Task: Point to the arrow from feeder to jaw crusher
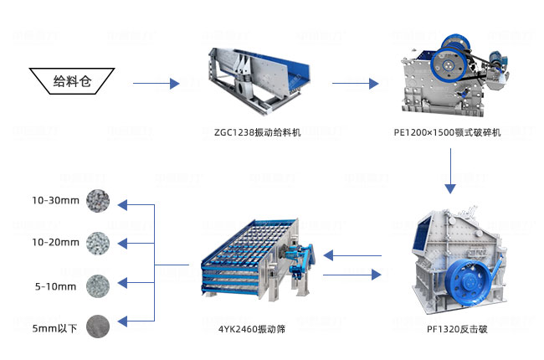356,83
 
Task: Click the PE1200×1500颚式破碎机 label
447,132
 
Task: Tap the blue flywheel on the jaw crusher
444,59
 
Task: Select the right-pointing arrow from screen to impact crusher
352,275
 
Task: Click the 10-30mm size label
55,201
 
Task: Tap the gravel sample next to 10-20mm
97,243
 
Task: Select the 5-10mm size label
55,286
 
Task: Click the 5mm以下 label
55,327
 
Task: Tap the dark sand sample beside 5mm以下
97,326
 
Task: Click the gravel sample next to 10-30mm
97,201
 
